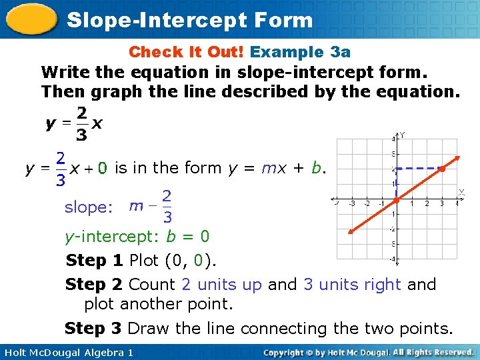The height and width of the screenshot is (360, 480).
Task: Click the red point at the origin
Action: [x=396, y=199]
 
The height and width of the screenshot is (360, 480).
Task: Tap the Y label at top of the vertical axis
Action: [x=402, y=135]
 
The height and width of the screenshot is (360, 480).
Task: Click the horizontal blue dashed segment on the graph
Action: [x=419, y=169]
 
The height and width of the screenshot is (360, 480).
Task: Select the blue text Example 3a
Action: [x=300, y=51]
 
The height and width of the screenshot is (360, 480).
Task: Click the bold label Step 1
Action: [x=95, y=260]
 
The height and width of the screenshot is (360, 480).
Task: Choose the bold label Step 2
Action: [x=94, y=285]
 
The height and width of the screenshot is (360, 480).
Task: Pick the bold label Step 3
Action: [x=93, y=329]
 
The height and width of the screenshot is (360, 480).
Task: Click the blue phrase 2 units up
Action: [x=221, y=285]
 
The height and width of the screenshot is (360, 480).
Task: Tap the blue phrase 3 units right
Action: [x=352, y=285]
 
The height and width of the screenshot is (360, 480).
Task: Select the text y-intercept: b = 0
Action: [x=137, y=236]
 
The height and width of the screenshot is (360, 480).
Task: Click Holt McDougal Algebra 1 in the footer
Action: [x=67, y=352]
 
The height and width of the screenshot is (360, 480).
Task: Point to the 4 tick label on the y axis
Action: [x=393, y=139]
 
